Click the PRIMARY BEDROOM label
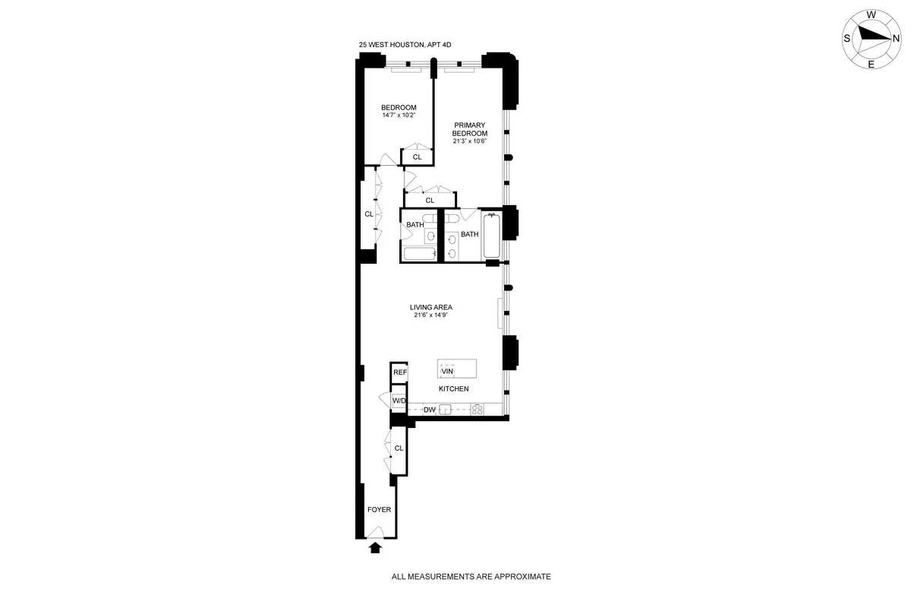tap(470, 129)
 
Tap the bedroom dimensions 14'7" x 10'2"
tap(399, 116)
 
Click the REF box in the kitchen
tap(399, 373)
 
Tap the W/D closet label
tap(399, 401)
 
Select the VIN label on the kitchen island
tap(447, 371)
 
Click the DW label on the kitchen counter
tap(429, 410)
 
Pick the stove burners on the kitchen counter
tap(478, 410)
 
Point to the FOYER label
tap(379, 509)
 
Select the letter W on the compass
tap(872, 14)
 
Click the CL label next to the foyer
tap(399, 448)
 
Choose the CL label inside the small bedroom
tap(417, 157)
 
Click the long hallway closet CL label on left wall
tap(369, 214)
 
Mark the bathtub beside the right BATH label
tap(491, 235)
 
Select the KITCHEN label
tap(453, 388)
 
